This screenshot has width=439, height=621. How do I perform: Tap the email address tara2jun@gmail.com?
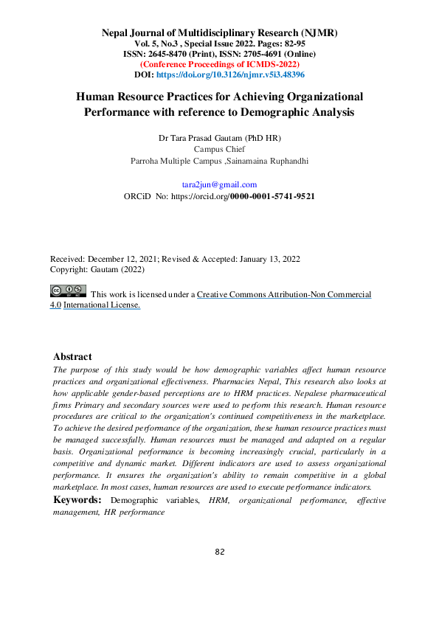(219, 184)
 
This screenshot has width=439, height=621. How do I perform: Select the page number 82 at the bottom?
(219, 552)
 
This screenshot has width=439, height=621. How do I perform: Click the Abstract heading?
(72, 356)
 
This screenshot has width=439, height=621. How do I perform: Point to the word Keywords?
(77, 500)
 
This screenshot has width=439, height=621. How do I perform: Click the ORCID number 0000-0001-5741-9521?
(272, 197)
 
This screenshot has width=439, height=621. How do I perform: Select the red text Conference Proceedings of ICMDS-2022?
(219, 65)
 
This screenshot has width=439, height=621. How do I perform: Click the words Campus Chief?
(219, 148)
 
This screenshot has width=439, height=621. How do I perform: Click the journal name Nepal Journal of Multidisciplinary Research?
(219, 33)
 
